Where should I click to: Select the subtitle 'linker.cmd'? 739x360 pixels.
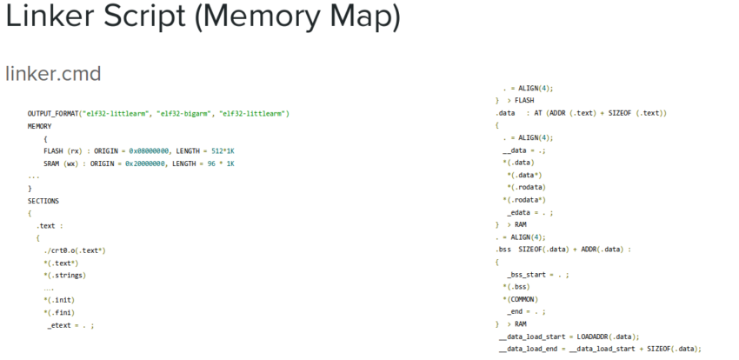(x=53, y=73)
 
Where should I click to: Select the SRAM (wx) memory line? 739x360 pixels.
(x=139, y=163)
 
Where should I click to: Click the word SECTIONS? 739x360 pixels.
(x=43, y=200)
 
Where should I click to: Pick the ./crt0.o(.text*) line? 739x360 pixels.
(x=74, y=250)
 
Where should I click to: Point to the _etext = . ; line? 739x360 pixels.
(x=70, y=325)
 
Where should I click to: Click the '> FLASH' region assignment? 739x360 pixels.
(x=519, y=100)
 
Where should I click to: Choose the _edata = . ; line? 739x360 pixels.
(x=529, y=212)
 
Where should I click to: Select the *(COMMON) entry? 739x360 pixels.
(x=521, y=299)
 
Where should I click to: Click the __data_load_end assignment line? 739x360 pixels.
(x=599, y=349)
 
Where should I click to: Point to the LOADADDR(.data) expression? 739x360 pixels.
(x=609, y=337)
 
